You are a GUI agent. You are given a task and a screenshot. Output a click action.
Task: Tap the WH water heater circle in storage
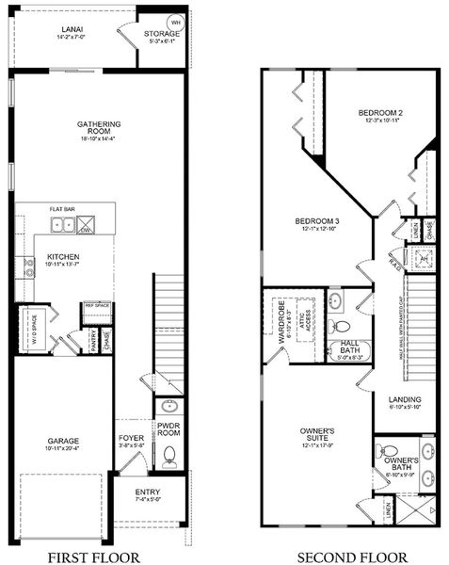pyautogui.click(x=174, y=23)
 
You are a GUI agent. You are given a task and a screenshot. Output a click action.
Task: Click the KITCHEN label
pyautogui.click(x=62, y=256)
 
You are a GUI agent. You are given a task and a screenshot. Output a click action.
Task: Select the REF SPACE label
pyautogui.click(x=97, y=306)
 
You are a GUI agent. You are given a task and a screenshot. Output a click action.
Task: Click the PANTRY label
pyautogui.click(x=93, y=336)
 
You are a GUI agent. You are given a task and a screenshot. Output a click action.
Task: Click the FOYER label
pyautogui.click(x=130, y=439)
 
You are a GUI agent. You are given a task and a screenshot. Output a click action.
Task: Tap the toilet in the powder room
pyautogui.click(x=169, y=459)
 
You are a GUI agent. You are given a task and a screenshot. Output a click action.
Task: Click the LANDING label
pyautogui.click(x=405, y=399)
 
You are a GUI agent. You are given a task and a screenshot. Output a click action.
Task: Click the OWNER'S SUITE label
pyautogui.click(x=317, y=434)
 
